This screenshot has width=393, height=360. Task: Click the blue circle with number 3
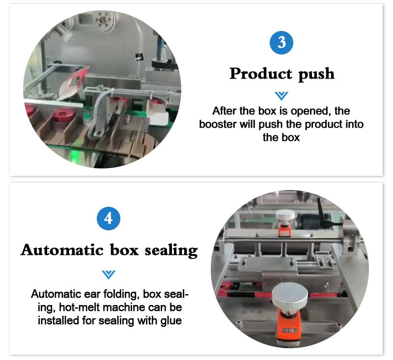(281, 43)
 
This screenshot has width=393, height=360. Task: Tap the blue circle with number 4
(109, 219)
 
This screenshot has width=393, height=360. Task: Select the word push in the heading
(316, 75)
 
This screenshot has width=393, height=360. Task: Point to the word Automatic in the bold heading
(62, 250)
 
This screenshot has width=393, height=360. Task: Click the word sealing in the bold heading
(171, 251)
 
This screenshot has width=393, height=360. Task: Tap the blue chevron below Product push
(281, 96)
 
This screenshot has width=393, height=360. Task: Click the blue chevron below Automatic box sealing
(109, 275)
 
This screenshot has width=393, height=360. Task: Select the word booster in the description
(218, 124)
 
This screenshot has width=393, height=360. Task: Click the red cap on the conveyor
(62, 115)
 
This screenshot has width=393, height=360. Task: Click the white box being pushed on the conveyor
(159, 118)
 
